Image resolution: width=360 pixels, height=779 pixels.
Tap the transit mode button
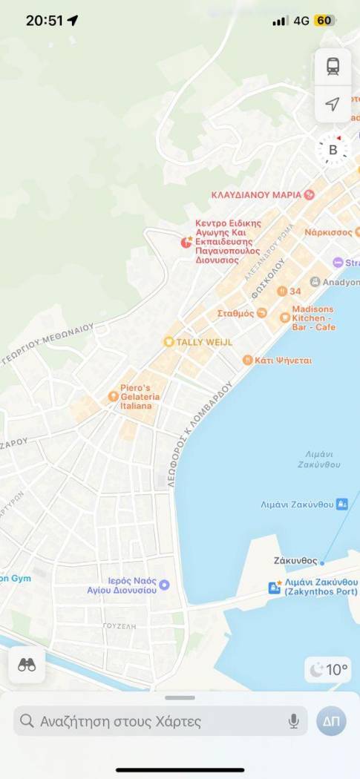(x=333, y=67)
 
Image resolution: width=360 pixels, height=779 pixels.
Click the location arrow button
(x=333, y=104)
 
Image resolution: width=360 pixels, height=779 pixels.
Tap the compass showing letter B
(x=333, y=150)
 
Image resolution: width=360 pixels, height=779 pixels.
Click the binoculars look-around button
(x=27, y=665)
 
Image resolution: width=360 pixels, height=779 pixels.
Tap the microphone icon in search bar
(x=294, y=721)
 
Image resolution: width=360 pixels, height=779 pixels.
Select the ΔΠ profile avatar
(x=331, y=721)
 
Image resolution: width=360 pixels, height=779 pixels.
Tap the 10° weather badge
(x=329, y=670)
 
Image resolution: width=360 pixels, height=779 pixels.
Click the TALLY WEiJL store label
(x=198, y=342)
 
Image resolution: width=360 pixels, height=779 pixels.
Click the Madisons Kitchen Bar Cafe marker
(x=285, y=318)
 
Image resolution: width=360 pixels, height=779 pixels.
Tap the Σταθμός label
(x=236, y=313)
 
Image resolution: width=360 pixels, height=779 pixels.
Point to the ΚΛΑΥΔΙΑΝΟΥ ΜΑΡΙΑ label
(x=256, y=194)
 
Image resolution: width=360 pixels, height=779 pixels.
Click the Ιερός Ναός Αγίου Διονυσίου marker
(x=165, y=585)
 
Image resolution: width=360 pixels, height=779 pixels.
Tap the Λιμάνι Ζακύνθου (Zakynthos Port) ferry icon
(x=274, y=588)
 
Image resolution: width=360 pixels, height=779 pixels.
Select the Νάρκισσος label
(x=328, y=232)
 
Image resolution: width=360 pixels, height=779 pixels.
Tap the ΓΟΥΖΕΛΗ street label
(x=120, y=626)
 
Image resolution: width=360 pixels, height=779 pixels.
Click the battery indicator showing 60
(x=324, y=21)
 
